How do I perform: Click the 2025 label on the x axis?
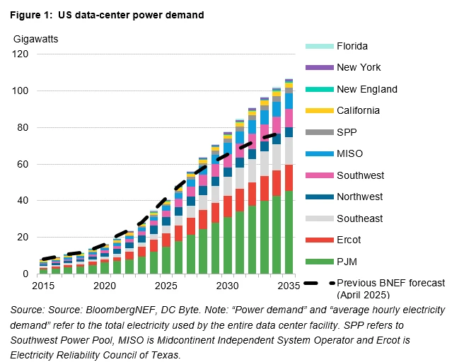(166, 285)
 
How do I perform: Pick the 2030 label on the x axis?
(227, 285)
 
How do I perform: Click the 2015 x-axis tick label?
(43, 285)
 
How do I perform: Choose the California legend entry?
(358, 110)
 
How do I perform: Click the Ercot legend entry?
(349, 240)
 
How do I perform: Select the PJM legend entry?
(347, 262)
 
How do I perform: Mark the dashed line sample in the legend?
(320, 283)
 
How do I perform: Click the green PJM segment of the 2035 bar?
(289, 233)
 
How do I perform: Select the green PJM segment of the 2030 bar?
(227, 246)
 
